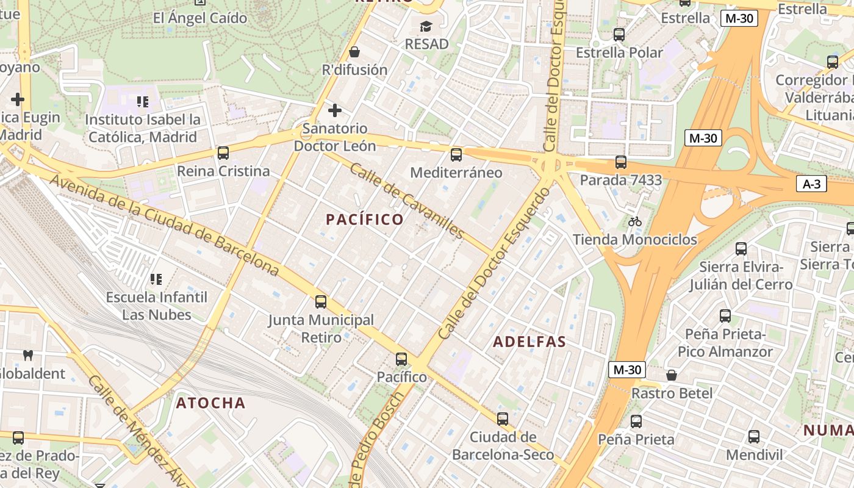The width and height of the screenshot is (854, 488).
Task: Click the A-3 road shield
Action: click(x=811, y=184)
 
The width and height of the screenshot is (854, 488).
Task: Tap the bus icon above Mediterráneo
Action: click(x=456, y=155)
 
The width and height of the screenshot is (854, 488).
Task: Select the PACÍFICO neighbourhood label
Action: click(x=365, y=220)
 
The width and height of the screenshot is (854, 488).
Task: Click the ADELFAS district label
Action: click(x=529, y=342)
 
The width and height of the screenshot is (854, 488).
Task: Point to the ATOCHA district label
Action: click(x=211, y=403)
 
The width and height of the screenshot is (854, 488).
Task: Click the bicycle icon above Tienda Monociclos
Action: click(x=635, y=221)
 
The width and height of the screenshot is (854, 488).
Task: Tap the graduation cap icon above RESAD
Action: click(x=426, y=26)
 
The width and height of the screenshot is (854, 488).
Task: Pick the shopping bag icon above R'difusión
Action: click(x=354, y=52)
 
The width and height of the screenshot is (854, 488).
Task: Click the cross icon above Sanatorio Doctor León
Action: click(x=335, y=110)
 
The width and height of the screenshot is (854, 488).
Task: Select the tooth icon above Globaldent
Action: click(x=27, y=355)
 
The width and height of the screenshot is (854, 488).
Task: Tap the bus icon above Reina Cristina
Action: click(x=223, y=153)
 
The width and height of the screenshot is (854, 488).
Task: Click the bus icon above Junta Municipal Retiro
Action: click(x=321, y=301)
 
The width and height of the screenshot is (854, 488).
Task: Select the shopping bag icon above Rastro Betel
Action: click(x=672, y=375)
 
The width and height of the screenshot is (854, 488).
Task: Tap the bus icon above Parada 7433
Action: click(x=621, y=162)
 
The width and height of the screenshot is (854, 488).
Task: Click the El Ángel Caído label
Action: click(x=200, y=18)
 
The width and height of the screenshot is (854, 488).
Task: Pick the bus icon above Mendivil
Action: click(x=754, y=437)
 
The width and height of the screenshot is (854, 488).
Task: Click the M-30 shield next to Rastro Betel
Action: click(x=627, y=370)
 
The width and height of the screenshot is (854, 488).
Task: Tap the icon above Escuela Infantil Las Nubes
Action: click(x=156, y=279)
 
